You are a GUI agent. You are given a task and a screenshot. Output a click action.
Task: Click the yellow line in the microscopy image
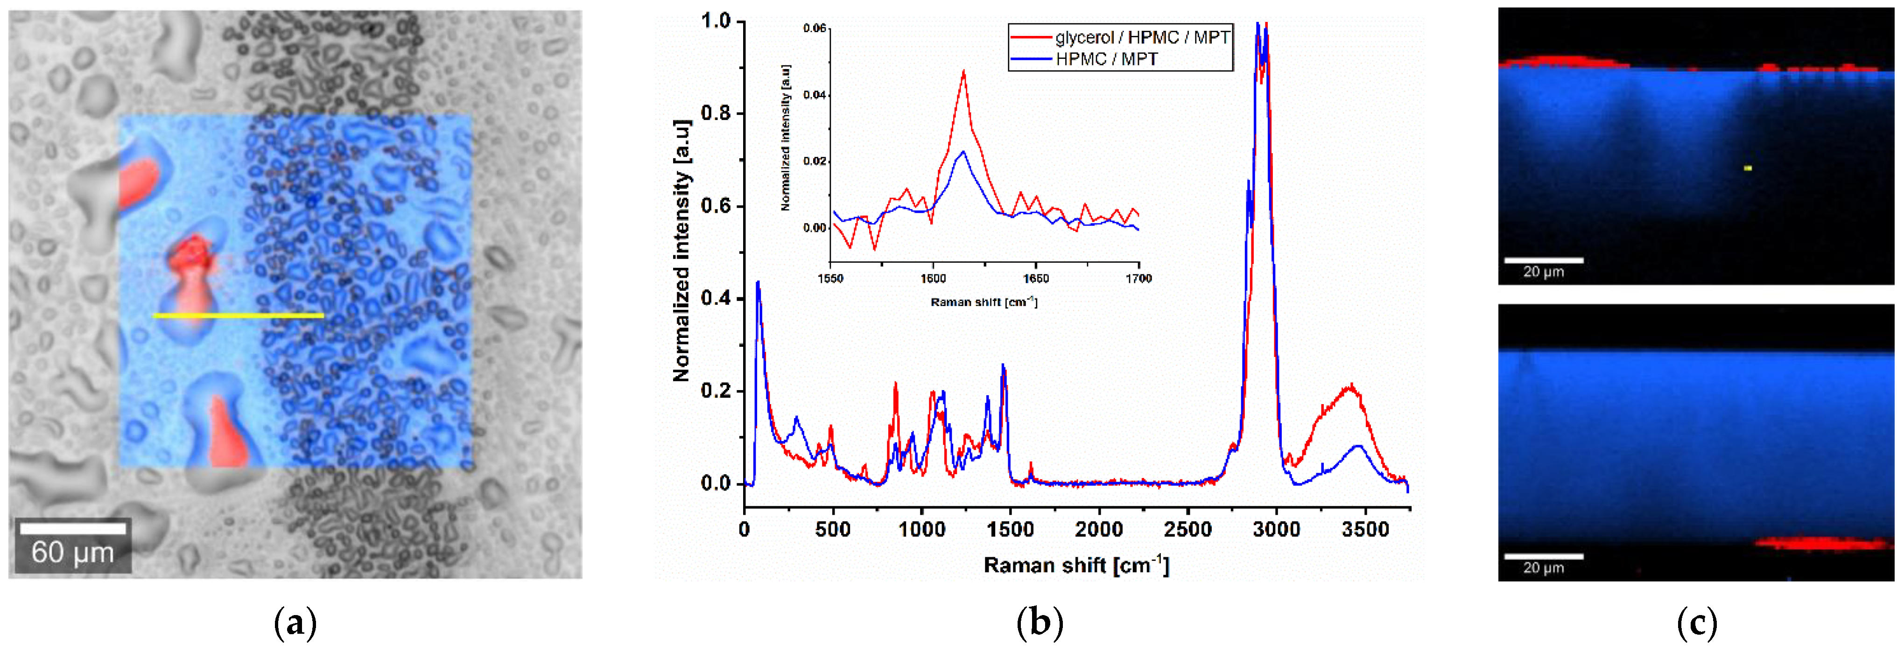pyautogui.click(x=238, y=315)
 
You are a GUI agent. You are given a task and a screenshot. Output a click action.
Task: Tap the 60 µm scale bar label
pyautogui.click(x=72, y=552)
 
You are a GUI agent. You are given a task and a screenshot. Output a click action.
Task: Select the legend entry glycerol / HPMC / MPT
pyautogui.click(x=1141, y=37)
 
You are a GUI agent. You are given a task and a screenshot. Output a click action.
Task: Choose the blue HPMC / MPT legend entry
pyautogui.click(x=1106, y=59)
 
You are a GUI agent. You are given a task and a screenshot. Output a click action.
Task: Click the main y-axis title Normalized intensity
pyautogui.click(x=682, y=252)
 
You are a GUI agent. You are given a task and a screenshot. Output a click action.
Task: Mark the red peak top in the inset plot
pyautogui.click(x=964, y=71)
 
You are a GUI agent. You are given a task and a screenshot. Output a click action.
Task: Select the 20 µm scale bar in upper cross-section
pyautogui.click(x=1543, y=260)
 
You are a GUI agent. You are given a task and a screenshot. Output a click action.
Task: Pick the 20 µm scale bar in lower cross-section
pyautogui.click(x=1543, y=556)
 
